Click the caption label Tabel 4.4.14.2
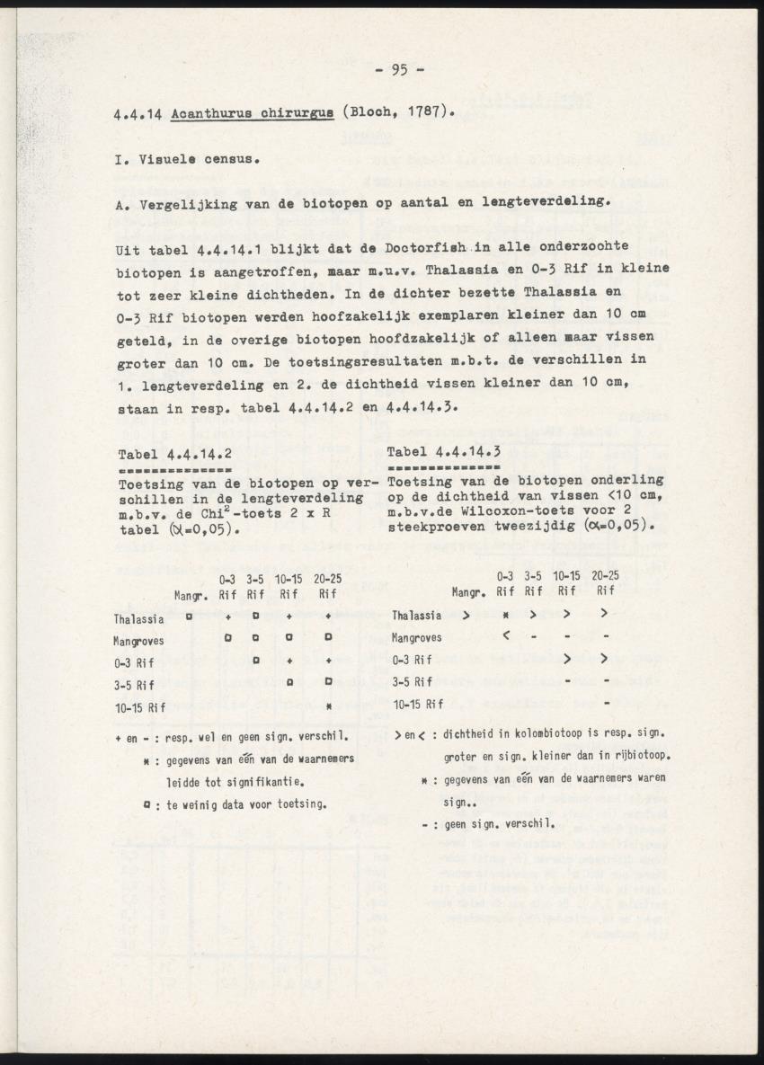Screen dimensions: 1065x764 175,454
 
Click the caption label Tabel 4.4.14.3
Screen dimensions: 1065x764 443,451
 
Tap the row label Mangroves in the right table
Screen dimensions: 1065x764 415,638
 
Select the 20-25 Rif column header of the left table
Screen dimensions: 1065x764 329,586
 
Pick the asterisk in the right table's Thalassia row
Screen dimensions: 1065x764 506,616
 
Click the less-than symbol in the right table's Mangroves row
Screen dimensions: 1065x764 506,637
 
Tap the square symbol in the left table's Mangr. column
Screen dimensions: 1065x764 189,617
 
